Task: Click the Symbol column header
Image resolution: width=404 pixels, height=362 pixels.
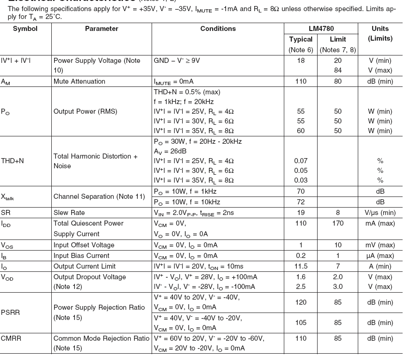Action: click(x=25, y=29)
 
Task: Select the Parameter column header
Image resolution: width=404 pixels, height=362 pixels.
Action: click(x=101, y=29)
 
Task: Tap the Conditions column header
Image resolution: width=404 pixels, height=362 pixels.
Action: click(x=218, y=29)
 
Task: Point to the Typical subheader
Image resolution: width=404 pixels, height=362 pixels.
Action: click(x=300, y=39)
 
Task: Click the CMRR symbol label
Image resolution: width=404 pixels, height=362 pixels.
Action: click(x=11, y=338)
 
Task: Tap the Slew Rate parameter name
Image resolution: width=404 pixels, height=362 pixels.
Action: click(x=69, y=213)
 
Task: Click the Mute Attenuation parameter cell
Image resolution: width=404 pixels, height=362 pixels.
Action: click(x=79, y=81)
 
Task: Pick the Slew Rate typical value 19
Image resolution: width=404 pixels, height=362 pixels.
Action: click(x=300, y=213)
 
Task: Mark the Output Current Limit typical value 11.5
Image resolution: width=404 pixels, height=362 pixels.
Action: click(x=300, y=266)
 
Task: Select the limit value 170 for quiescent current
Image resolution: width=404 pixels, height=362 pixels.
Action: click(x=338, y=223)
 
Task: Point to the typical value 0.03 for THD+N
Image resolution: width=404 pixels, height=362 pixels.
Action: click(x=300, y=180)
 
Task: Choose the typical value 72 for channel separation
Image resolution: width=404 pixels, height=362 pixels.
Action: click(x=300, y=202)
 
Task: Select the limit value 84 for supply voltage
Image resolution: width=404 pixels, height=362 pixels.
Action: click(x=338, y=71)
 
